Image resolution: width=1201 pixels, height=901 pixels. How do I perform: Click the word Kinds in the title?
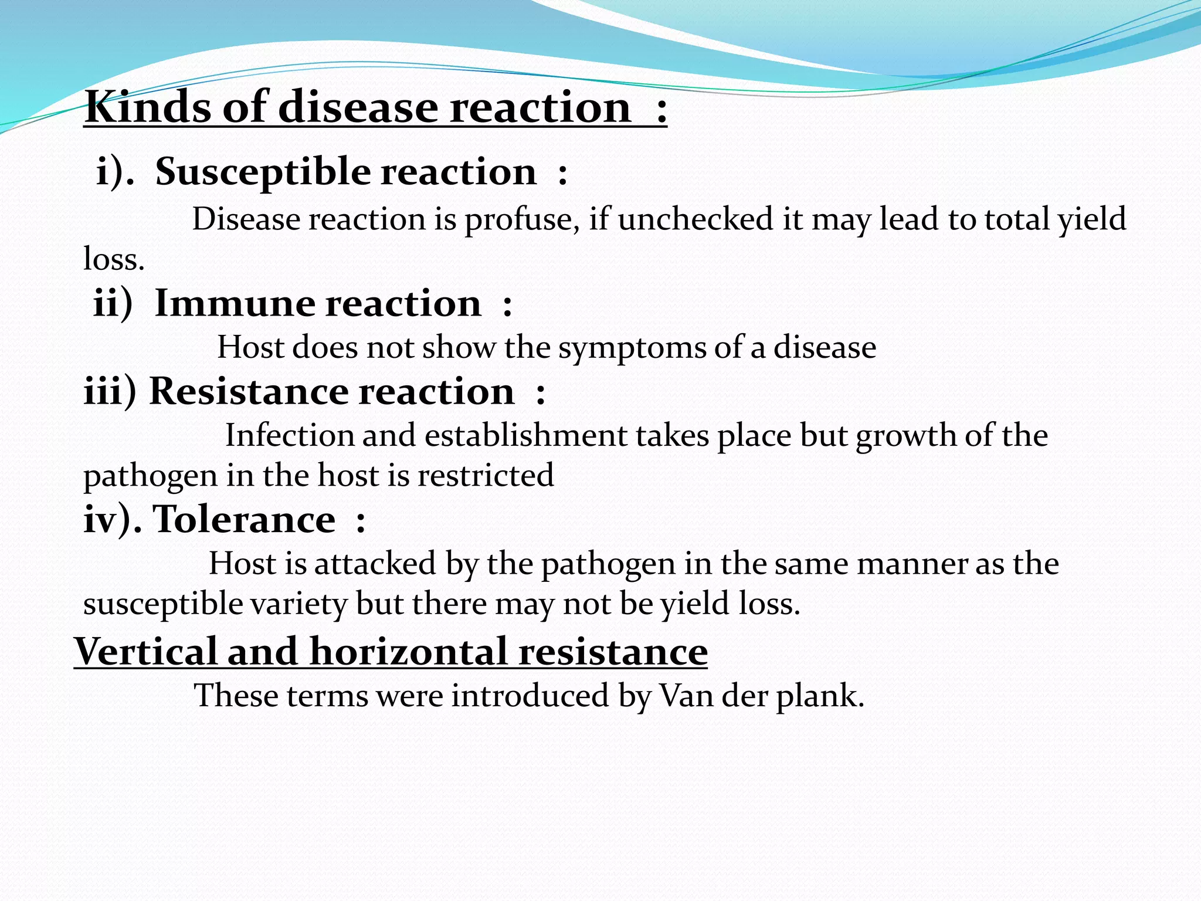148,107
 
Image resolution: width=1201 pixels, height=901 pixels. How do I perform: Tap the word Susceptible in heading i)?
263,172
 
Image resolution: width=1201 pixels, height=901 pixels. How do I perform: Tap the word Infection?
289,436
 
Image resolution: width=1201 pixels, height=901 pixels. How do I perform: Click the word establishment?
525,436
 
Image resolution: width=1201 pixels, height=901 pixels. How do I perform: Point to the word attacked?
375,564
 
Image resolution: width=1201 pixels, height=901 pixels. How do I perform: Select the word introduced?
530,696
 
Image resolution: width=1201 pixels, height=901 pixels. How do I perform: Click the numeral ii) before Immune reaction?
113,304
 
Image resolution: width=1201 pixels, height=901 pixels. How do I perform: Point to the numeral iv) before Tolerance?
110,519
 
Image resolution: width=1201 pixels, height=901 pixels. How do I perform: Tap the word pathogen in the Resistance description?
150,476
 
